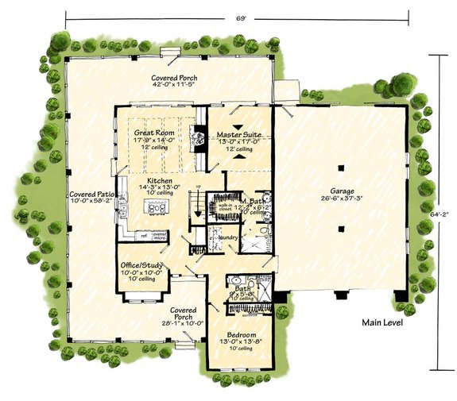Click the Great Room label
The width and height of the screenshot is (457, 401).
point(154,133)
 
